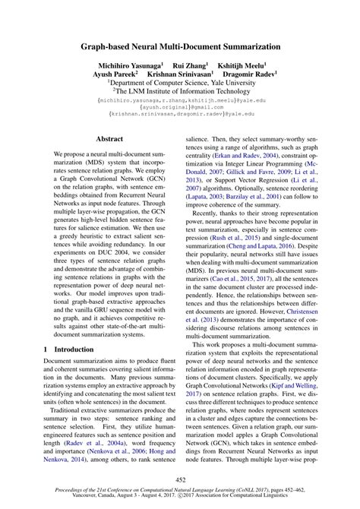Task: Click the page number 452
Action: tap(180, 479)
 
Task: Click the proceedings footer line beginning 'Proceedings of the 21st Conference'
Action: tap(180, 493)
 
